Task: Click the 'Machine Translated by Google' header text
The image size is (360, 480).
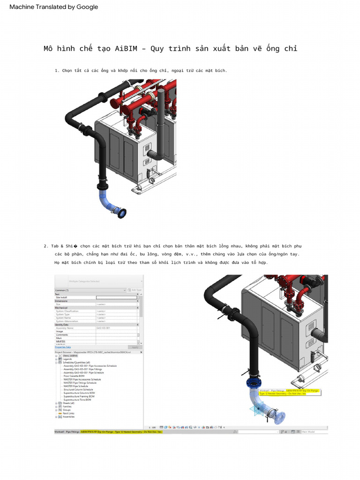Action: [x=54, y=7]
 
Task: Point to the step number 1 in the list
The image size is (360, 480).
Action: [x=57, y=71]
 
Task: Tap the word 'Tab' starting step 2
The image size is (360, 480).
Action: [x=55, y=246]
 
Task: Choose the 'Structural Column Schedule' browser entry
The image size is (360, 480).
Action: [x=78, y=390]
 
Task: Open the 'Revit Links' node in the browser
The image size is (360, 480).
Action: [x=68, y=413]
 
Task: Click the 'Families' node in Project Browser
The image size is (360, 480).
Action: [x=67, y=406]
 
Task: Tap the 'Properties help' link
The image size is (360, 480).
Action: [x=63, y=347]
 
